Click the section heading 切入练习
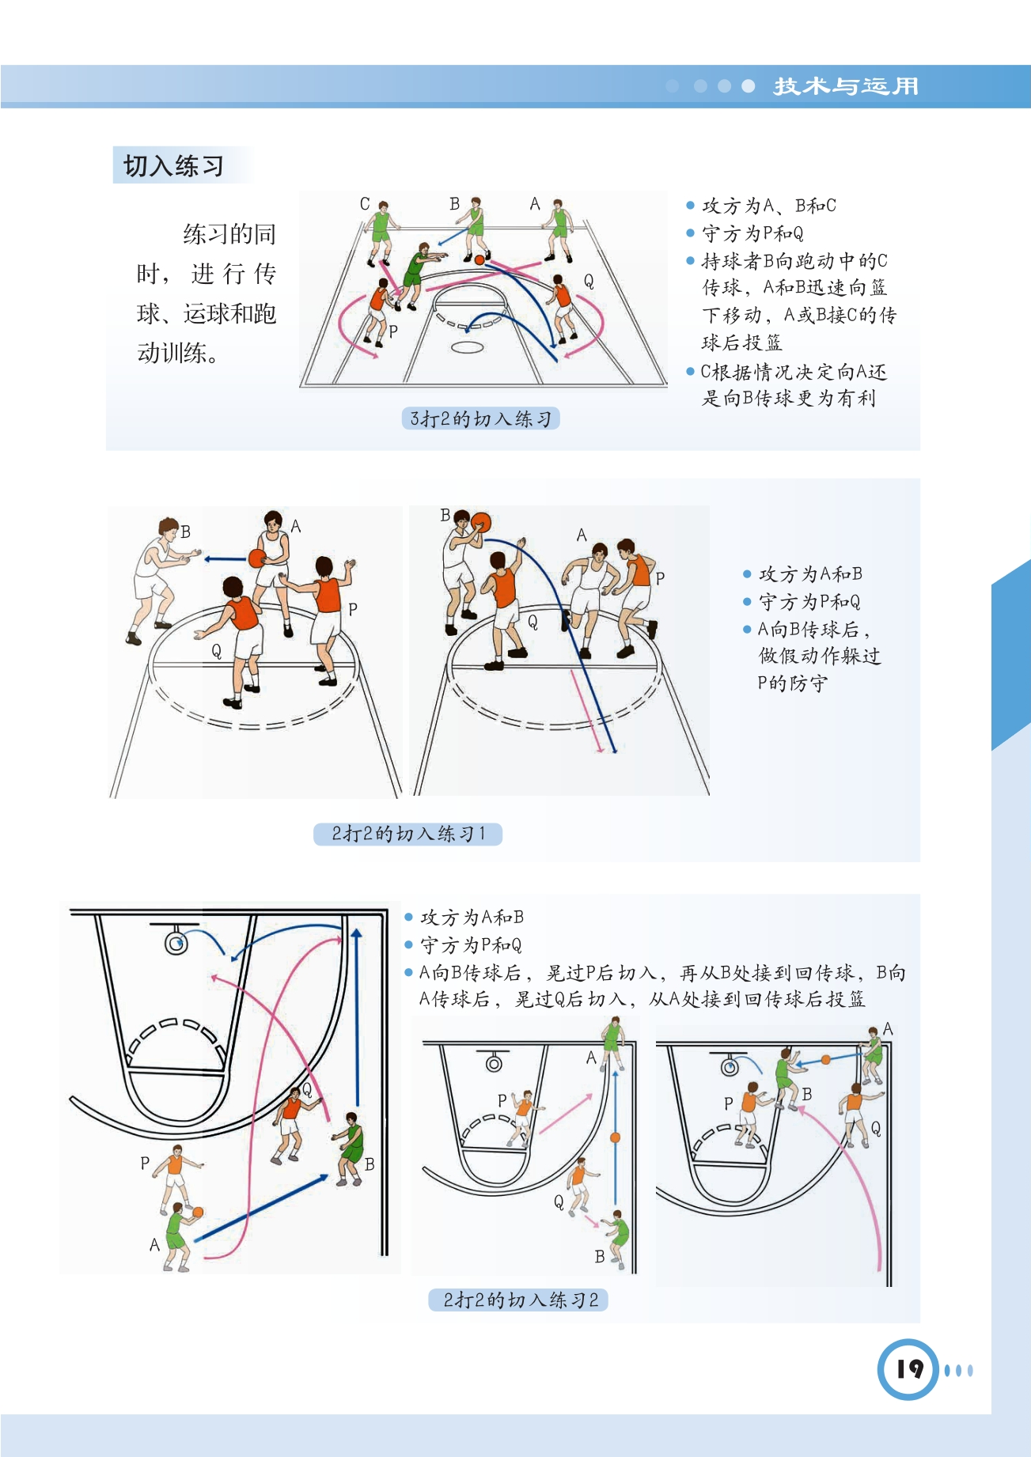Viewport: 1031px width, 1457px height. click(x=173, y=166)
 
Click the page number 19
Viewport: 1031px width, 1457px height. click(x=909, y=1369)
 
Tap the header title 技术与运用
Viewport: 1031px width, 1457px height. click(x=846, y=86)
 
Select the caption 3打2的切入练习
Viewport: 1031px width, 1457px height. click(x=480, y=418)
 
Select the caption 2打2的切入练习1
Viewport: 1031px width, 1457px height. click(x=408, y=834)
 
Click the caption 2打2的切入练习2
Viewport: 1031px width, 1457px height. click(x=520, y=1300)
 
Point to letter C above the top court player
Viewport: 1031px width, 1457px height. click(x=365, y=203)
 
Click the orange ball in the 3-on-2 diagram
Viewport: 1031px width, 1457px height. click(x=479, y=259)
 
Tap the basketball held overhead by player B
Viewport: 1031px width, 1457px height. click(x=480, y=523)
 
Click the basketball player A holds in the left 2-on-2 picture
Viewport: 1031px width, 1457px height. click(x=256, y=558)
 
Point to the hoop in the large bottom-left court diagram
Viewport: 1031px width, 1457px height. click(x=176, y=942)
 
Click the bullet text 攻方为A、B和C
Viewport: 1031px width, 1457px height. click(x=768, y=206)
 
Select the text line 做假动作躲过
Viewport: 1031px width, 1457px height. click(x=820, y=656)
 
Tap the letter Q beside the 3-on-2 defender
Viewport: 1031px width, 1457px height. click(x=589, y=281)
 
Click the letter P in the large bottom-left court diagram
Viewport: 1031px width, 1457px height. click(x=145, y=1163)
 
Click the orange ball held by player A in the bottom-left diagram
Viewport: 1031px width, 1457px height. click(x=198, y=1213)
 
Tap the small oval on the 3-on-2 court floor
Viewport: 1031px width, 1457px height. click(x=467, y=347)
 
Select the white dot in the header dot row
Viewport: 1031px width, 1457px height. click(x=748, y=86)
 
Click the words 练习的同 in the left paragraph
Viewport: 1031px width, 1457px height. click(x=229, y=234)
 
